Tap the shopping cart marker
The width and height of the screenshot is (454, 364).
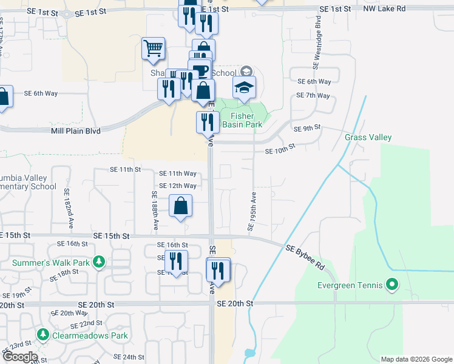pos(154,49)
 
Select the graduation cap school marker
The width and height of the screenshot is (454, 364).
pos(244,88)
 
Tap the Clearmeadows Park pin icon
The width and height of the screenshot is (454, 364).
pos(43,335)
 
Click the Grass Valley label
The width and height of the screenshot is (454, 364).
pos(368,138)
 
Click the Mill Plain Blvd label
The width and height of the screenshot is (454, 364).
pos(76,130)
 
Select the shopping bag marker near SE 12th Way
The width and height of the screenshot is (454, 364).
pos(181,206)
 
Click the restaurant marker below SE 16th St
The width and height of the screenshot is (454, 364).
pos(176,261)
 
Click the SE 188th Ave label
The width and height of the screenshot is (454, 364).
pos(155,210)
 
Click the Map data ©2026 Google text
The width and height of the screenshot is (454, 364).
pos(416,359)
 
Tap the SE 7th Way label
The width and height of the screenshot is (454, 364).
pos(313,96)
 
